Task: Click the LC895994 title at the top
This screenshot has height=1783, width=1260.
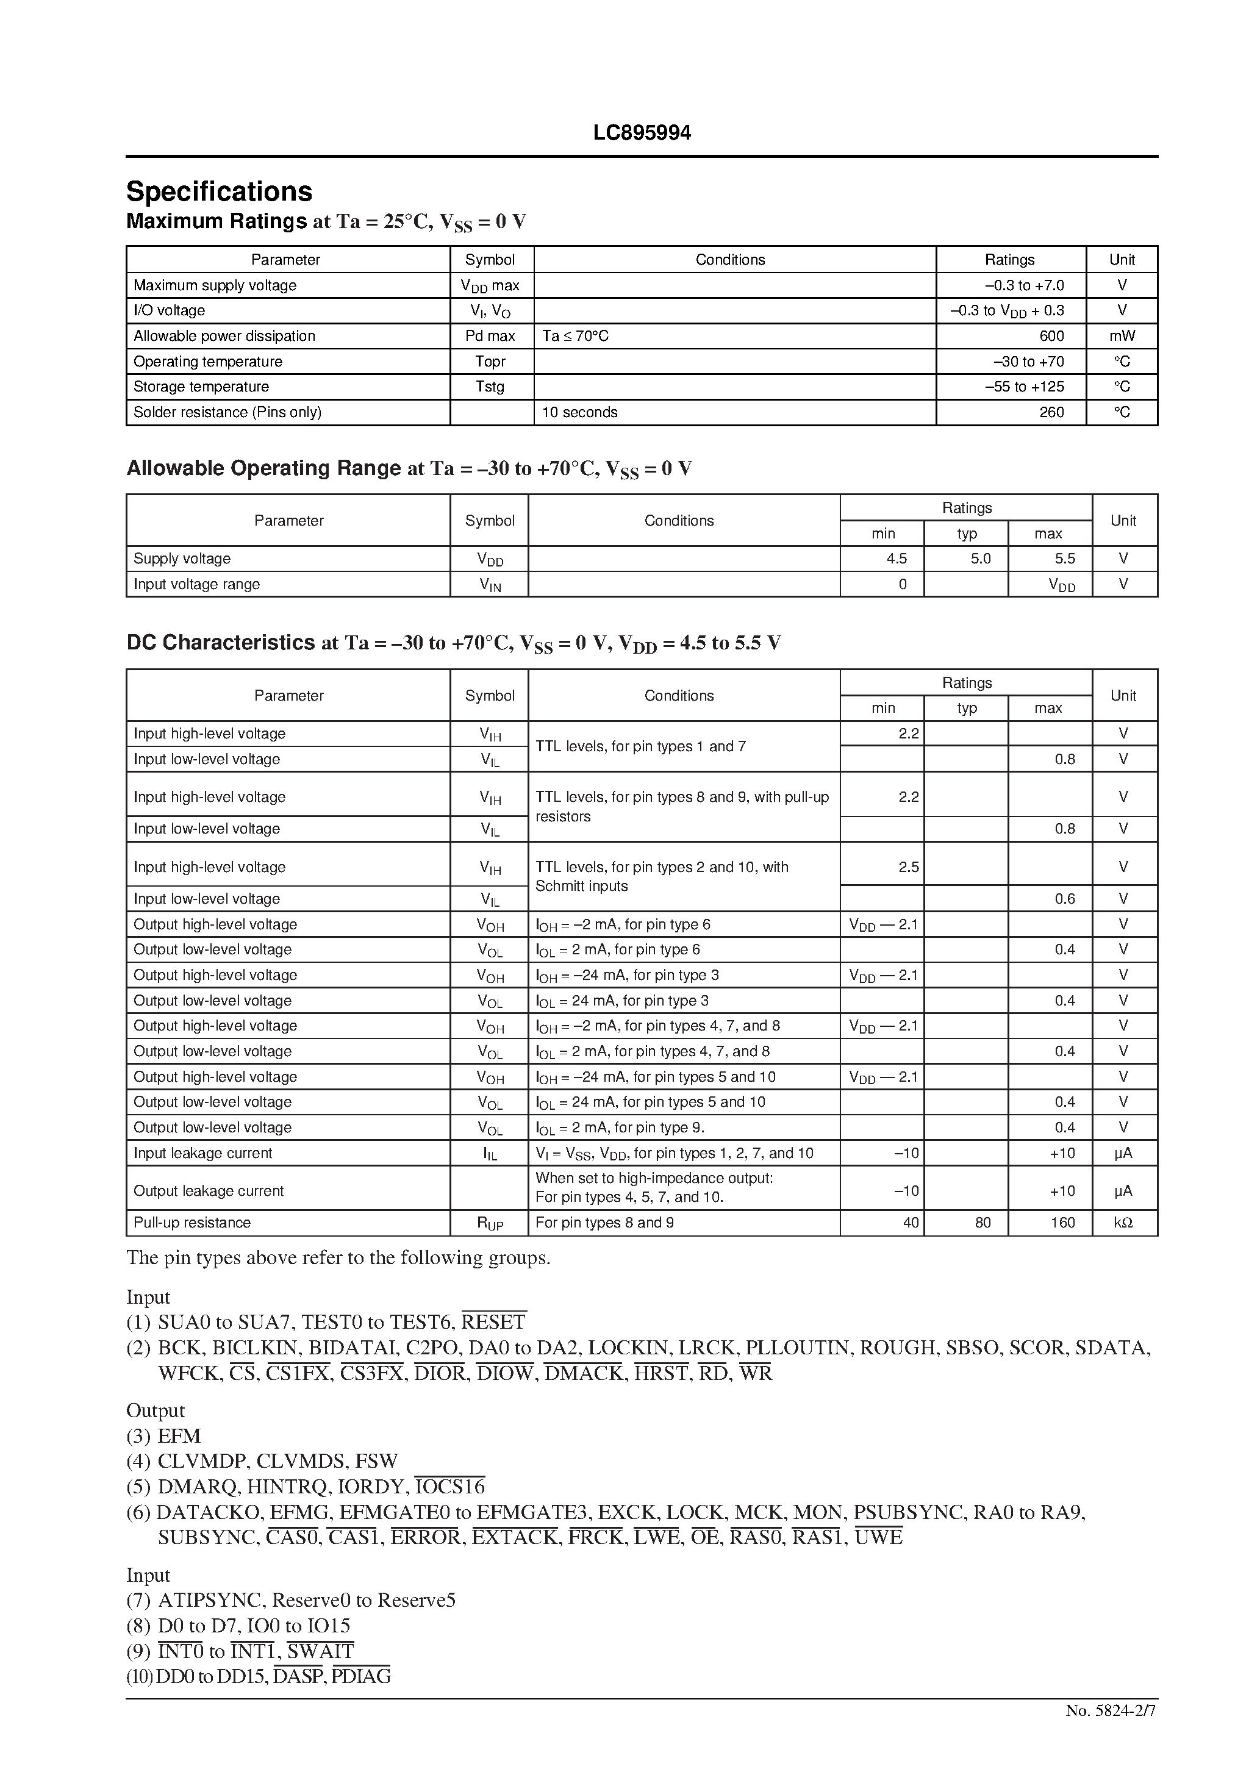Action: (642, 134)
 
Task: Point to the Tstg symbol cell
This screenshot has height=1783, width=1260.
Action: (490, 387)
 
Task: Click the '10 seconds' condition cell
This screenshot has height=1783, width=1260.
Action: (579, 412)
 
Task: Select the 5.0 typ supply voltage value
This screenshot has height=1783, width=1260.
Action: (980, 559)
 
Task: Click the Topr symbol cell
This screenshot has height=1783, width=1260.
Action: (490, 362)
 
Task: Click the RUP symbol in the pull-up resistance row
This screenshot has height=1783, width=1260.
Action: (490, 1223)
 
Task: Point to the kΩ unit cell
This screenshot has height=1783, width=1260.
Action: (1123, 1223)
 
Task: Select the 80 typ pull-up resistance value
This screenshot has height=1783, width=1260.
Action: (983, 1223)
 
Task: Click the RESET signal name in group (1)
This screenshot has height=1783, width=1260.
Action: (494, 1323)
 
